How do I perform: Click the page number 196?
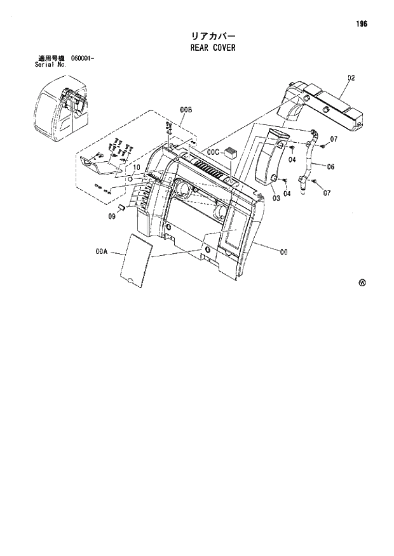pos(362,24)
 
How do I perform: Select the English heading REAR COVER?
pos(212,48)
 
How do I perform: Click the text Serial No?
pos(50,65)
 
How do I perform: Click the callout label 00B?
pos(186,110)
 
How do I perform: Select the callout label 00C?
pos(213,152)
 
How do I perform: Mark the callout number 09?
pos(111,216)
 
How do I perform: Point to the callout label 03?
pos(276,198)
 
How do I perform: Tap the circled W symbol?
pos(362,283)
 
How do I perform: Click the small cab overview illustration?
pos(61,111)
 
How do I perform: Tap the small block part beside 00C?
pos(231,153)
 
